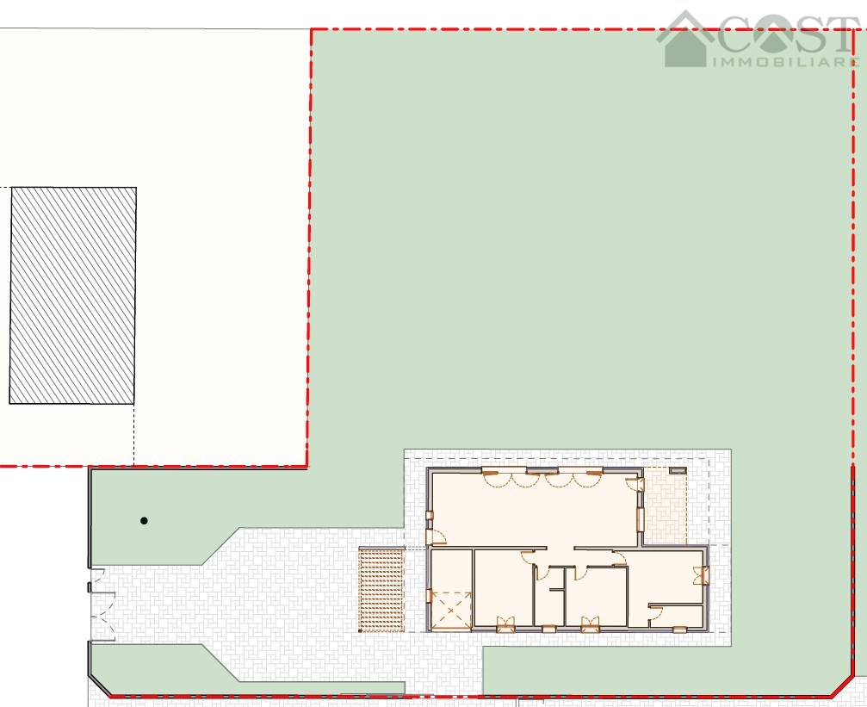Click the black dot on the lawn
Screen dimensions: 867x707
144,521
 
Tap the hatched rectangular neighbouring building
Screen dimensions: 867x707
73,295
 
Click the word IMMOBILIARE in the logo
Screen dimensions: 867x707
786,61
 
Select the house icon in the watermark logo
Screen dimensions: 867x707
685,39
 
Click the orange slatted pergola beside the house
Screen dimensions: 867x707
381,589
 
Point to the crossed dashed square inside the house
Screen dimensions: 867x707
451,611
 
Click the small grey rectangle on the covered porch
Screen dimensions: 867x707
678,470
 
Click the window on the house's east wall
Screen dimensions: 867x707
705,575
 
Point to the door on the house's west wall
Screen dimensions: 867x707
437,536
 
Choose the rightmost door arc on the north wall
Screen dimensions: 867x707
587,479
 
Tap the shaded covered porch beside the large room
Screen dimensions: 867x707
666,506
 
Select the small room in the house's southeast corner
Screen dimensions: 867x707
676,617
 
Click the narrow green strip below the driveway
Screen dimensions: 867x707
244,669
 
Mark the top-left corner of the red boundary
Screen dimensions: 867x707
312,29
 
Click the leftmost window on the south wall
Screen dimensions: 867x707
505,624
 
